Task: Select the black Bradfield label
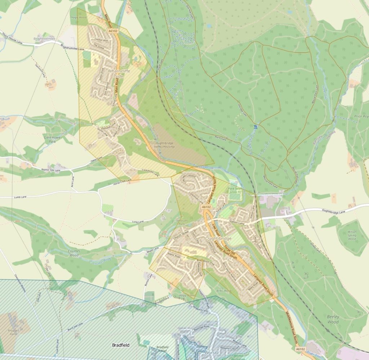click(x=120, y=345)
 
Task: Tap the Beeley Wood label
click(x=333, y=319)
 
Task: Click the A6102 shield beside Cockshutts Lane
click(x=206, y=207)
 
